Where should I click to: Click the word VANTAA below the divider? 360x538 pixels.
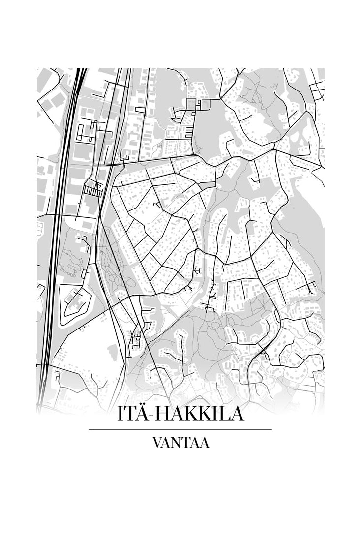180,442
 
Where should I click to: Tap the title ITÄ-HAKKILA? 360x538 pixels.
180,414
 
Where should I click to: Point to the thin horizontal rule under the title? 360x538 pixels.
180,429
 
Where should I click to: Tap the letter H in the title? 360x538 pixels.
163,414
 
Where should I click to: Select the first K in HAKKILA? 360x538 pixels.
190,414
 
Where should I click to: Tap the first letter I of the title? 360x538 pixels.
120,414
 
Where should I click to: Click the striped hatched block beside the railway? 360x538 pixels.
92,190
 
